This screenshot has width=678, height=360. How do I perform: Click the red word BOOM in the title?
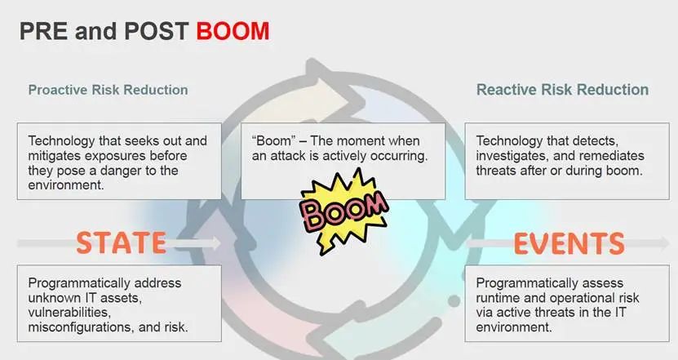coord(233,31)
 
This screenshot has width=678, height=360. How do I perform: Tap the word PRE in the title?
coord(44,31)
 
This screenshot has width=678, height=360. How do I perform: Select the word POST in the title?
coord(157,31)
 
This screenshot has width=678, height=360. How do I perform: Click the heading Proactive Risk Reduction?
coord(108,90)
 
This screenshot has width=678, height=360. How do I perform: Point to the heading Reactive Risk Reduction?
coord(562,90)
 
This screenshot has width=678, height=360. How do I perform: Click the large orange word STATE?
coord(122,242)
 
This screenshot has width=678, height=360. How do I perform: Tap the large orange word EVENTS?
coord(569,243)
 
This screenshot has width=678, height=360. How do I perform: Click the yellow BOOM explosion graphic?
coord(344,211)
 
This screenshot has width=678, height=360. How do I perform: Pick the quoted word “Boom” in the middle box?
coord(272,140)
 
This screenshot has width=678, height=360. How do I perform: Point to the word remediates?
coord(611,156)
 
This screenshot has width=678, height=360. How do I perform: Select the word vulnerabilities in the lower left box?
coord(69,313)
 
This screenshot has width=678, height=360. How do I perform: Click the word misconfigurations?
coord(82,327)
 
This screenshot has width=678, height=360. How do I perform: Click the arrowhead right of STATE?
coord(215,242)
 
